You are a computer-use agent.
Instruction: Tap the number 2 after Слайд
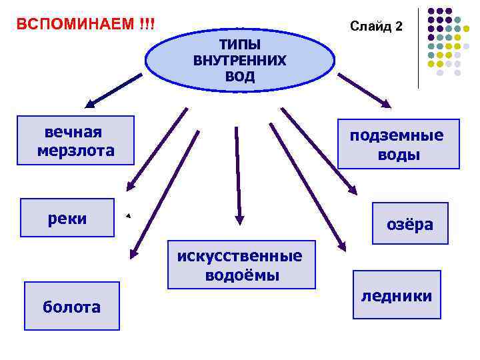click(x=398, y=27)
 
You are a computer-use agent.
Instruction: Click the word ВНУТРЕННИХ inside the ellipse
click(x=240, y=61)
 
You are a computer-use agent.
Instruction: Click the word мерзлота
click(x=76, y=151)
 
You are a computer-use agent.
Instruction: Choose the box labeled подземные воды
click(x=399, y=144)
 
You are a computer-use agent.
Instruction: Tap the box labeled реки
click(x=67, y=218)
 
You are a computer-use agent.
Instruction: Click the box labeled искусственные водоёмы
click(x=241, y=265)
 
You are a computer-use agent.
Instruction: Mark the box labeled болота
click(x=72, y=306)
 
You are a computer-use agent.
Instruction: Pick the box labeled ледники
click(x=397, y=295)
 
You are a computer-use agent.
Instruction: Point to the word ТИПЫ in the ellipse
click(x=240, y=45)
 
